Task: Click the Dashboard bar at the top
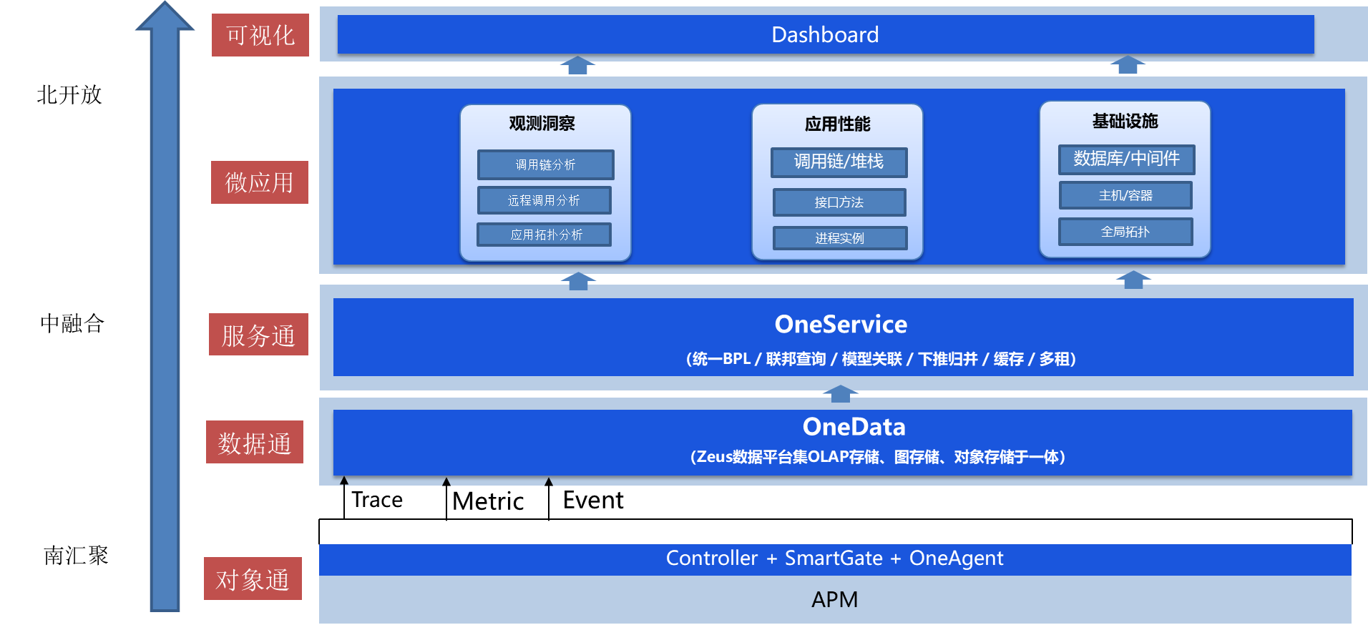pos(825,34)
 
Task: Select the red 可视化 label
pos(260,35)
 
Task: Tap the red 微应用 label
pos(259,182)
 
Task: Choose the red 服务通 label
pos(258,335)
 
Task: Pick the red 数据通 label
pos(255,443)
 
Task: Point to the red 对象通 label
pos(253,579)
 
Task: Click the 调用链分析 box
pos(545,164)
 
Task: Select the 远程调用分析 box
pos(544,200)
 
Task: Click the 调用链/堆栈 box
pos(839,162)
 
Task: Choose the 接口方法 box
pos(839,202)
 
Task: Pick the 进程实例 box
pos(839,238)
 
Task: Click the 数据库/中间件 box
pos(1126,159)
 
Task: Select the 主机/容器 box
pos(1125,195)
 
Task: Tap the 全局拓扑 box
pos(1125,232)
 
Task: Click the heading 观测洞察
pos(542,124)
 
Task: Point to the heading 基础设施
pos(1125,122)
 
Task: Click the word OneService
pos(841,325)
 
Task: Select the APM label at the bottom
pos(834,599)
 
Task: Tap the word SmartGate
pos(834,558)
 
